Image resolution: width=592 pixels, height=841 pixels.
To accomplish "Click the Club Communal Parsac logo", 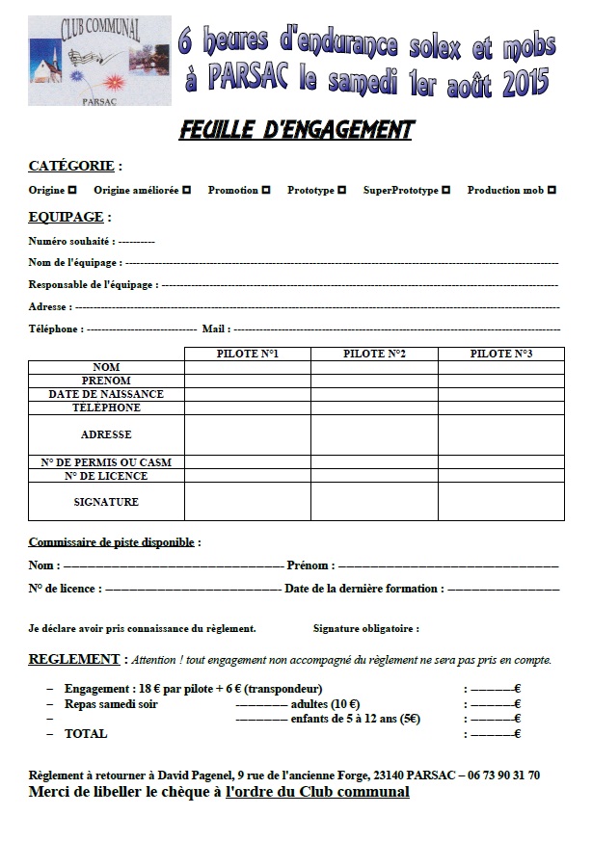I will coord(99,60).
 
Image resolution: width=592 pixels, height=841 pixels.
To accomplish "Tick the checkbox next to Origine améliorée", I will coord(186,191).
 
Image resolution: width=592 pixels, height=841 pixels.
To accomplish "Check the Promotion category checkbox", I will coord(265,191).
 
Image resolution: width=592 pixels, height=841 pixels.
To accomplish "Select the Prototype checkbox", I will coord(341,191).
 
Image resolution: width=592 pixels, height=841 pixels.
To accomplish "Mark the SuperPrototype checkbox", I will coord(445,191).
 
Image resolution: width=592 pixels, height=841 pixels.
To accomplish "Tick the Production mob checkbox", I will coord(551,191).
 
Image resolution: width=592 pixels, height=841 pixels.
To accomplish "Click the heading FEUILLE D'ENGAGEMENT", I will coord(296,130).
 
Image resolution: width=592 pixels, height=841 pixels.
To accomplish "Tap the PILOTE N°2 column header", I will coord(374,354).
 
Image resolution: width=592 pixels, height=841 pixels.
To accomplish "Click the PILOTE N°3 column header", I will coord(501,354).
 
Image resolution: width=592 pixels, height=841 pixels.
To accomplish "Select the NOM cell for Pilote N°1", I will coord(247,367).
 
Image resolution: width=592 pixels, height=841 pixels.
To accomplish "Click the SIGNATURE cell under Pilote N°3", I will coord(501,501).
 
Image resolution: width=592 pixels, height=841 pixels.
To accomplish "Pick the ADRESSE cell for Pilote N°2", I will coord(374,434).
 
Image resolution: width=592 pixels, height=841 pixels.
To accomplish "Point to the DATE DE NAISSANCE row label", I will coord(106,394).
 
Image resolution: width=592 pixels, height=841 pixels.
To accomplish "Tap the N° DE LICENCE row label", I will coord(106,476).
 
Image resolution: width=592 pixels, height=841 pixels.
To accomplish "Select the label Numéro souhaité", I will coord(71,241).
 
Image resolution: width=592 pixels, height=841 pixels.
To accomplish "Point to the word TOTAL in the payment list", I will coord(86,733).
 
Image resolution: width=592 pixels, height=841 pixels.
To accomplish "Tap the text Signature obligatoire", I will coord(365,628).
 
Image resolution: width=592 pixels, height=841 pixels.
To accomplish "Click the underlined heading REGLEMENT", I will coord(73,659).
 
